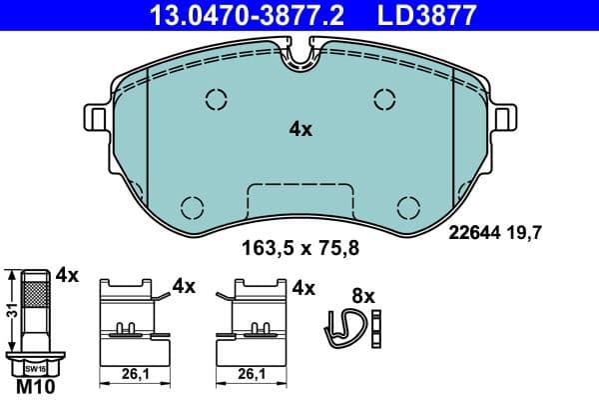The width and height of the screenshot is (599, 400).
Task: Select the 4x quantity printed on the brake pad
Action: (x=301, y=129)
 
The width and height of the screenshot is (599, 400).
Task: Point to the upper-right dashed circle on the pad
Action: (x=385, y=98)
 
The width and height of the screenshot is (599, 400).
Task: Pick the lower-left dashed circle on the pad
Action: (x=192, y=207)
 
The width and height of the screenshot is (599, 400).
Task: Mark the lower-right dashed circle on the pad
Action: (x=408, y=207)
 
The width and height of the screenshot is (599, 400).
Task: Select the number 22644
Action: (x=473, y=234)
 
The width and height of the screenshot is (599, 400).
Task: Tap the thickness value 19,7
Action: (x=529, y=234)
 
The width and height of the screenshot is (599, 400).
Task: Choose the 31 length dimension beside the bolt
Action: (x=11, y=310)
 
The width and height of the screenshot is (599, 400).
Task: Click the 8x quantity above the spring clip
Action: (x=362, y=296)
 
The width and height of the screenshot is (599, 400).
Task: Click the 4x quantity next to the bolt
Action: (x=68, y=273)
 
